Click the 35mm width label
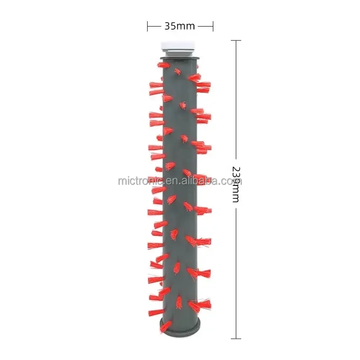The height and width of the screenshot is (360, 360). [x=180, y=26]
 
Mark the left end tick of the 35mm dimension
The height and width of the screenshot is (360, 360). [x=147, y=26]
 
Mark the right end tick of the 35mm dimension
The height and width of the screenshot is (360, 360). [x=213, y=26]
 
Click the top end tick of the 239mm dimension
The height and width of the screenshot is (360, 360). [x=236, y=40]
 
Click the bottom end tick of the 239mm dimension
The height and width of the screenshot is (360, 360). [x=236, y=338]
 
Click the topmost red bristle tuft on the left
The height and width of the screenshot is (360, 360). [x=162, y=66]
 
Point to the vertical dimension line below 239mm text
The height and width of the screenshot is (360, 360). [x=236, y=270]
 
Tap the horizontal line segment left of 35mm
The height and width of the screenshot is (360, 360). [x=154, y=26]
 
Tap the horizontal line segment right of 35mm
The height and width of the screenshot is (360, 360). [x=206, y=26]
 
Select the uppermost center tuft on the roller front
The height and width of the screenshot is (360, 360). [x=178, y=72]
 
